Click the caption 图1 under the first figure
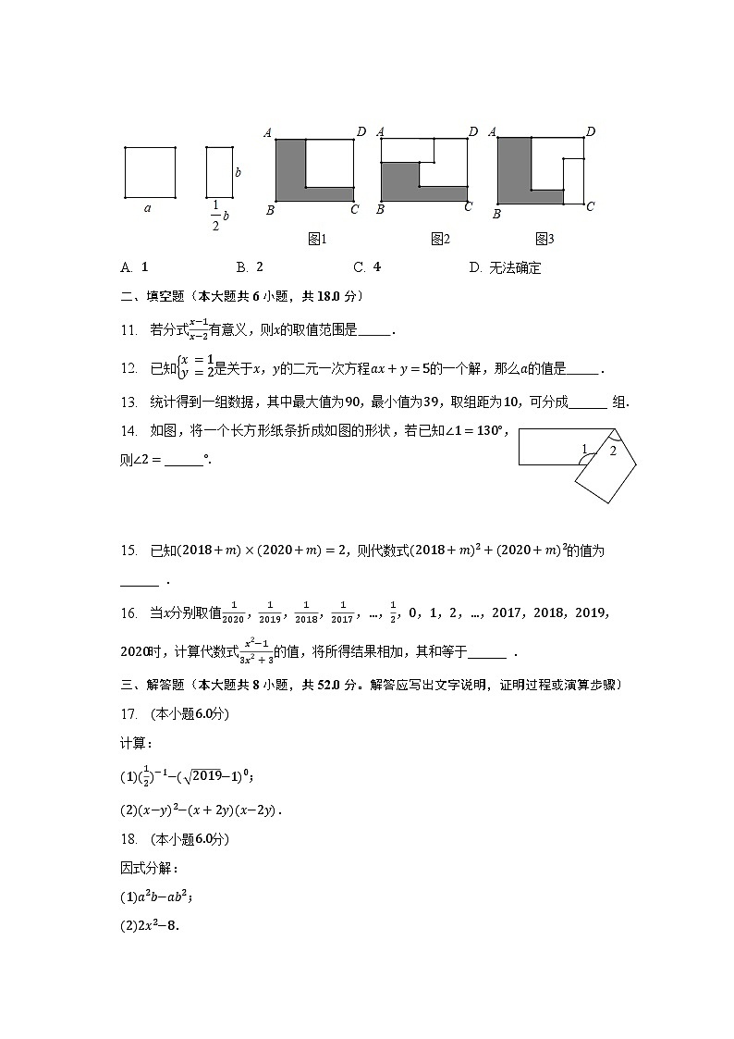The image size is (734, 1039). [x=317, y=239]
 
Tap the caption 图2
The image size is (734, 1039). [x=439, y=239]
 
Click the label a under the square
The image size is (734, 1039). [x=148, y=208]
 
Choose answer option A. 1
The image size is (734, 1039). [x=135, y=267]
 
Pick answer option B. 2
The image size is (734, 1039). [x=250, y=267]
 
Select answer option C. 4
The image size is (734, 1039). [x=367, y=267]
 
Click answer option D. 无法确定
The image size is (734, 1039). [x=505, y=268]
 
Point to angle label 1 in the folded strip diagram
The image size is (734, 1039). [x=583, y=450]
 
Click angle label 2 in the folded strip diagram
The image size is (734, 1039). [x=612, y=451]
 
